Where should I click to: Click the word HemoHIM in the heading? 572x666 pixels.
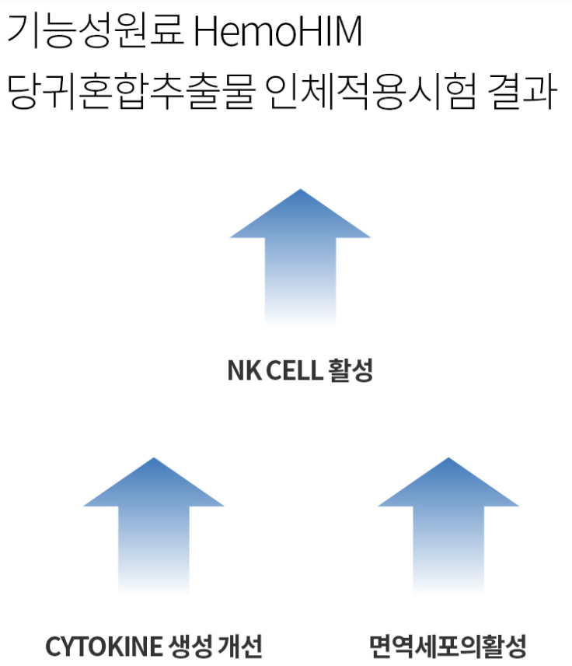(277, 32)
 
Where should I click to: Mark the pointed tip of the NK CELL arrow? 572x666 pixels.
(300, 191)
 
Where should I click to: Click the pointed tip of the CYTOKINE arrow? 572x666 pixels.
(154, 460)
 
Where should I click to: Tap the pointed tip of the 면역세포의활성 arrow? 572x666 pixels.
(448, 460)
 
